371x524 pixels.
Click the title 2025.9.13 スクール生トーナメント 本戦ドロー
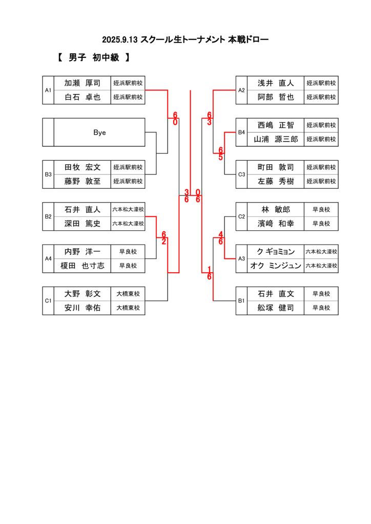185,39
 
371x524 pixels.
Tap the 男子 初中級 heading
94,58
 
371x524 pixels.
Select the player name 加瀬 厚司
83,83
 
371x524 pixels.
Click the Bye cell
99,132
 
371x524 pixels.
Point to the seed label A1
48,90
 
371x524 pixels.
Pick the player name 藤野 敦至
83,181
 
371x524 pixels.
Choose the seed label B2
48,216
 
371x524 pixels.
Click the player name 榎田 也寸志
83,266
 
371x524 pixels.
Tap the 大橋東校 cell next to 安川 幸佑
128,308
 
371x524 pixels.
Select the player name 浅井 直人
276,83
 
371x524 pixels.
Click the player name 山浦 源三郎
276,139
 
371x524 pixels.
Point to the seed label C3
242,174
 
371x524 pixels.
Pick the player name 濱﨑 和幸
276,224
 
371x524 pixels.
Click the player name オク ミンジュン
276,266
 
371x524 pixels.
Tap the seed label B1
242,301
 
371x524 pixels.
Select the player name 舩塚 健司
276,308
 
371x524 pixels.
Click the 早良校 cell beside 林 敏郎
321,209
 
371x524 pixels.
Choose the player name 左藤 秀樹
276,181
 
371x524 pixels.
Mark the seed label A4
48,259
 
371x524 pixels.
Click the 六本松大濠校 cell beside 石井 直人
128,209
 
